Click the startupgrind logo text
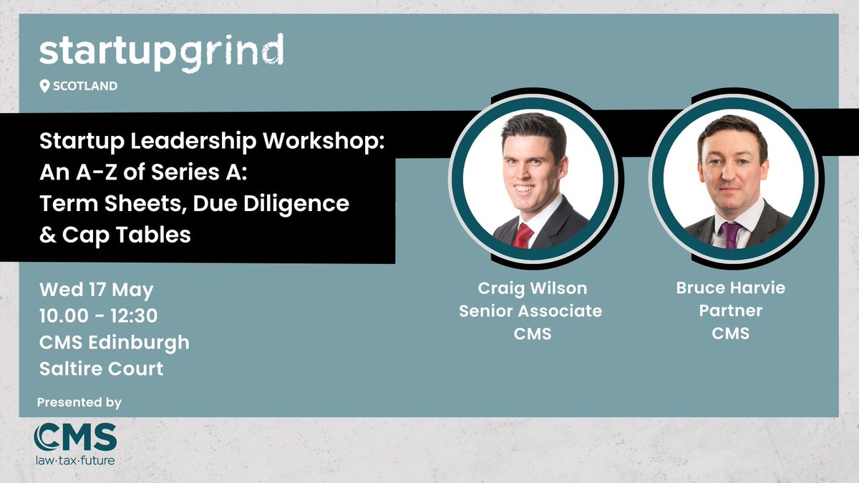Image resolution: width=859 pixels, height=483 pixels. click(161, 52)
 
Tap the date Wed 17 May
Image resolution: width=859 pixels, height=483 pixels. click(97, 291)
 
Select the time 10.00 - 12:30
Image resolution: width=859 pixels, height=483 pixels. click(99, 316)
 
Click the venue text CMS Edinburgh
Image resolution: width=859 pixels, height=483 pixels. click(115, 342)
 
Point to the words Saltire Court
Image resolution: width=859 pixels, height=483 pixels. click(102, 369)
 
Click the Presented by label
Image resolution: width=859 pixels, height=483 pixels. click(79, 403)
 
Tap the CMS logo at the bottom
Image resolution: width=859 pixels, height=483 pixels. click(75, 436)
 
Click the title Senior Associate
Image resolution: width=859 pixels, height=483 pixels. click(530, 311)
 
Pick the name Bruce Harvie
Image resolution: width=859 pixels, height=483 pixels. click(731, 288)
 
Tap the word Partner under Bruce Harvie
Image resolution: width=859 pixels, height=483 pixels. click(731, 311)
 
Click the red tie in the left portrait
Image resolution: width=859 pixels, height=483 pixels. click(523, 235)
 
